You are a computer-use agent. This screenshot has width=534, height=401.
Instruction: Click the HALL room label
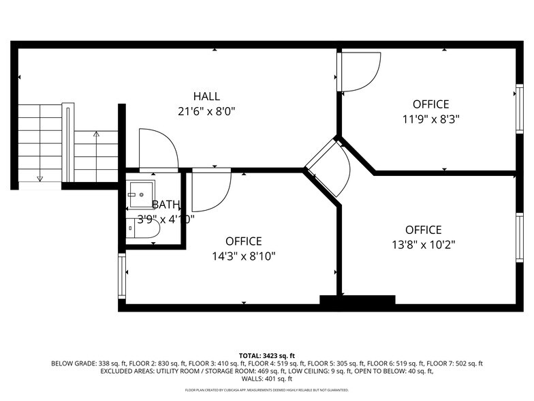(x=206, y=96)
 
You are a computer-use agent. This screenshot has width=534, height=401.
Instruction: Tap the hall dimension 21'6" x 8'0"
(x=206, y=110)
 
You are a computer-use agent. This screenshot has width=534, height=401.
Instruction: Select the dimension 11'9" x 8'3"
(x=430, y=118)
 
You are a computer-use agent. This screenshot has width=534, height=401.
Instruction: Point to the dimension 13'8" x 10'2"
(x=423, y=243)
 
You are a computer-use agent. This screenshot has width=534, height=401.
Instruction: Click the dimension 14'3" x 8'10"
(x=243, y=256)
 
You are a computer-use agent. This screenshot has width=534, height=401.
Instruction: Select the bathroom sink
(x=141, y=194)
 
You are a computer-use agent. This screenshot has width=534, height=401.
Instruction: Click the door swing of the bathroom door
(x=158, y=148)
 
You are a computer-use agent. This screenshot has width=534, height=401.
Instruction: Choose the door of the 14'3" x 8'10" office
(x=210, y=190)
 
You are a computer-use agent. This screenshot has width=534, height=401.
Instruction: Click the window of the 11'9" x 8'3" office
(x=518, y=107)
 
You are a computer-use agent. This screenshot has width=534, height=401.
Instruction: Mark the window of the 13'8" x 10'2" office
(x=518, y=237)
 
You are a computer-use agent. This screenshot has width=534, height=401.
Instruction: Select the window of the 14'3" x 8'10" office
(x=122, y=276)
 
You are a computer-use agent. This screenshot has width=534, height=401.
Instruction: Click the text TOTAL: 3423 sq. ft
(x=267, y=355)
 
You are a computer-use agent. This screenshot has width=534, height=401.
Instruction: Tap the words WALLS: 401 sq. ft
(x=267, y=378)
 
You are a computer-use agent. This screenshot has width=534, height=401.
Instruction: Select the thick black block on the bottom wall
(x=358, y=300)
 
